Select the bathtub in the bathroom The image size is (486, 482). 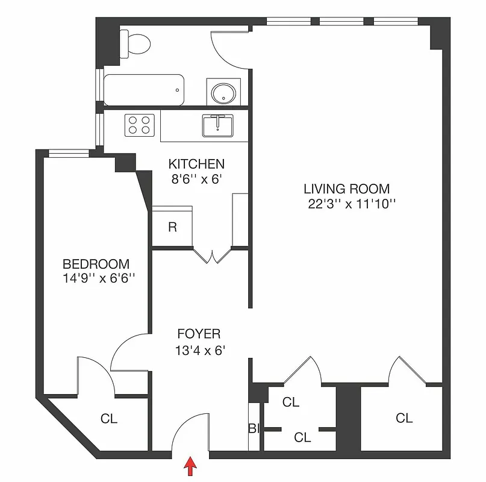[143, 90]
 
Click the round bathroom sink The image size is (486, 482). [223, 92]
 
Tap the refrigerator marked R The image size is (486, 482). [172, 227]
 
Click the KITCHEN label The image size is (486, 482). [196, 164]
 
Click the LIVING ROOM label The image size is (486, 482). [346, 188]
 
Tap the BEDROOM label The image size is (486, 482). [96, 264]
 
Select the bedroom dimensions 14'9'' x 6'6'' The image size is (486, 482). [98, 279]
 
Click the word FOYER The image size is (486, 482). [199, 334]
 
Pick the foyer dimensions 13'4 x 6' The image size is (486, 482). [200, 350]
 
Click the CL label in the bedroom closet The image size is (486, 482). [109, 418]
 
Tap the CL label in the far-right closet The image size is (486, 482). [404, 417]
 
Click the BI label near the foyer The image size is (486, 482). [253, 429]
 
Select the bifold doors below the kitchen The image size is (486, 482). [212, 255]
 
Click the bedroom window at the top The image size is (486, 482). [69, 153]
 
